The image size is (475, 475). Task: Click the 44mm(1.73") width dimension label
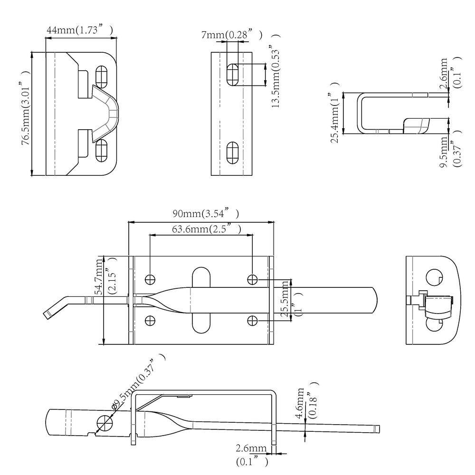click(x=79, y=30)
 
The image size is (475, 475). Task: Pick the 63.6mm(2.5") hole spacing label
click(x=206, y=229)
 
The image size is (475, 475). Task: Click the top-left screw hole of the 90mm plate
click(x=150, y=279)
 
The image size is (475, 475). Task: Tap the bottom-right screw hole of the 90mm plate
click(x=252, y=321)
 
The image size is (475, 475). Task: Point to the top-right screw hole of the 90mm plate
click(x=252, y=279)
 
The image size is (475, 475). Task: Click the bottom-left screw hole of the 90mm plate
click(x=150, y=320)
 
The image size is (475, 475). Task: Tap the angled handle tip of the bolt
click(x=48, y=314)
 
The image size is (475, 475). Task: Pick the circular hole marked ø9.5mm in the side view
click(x=105, y=421)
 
